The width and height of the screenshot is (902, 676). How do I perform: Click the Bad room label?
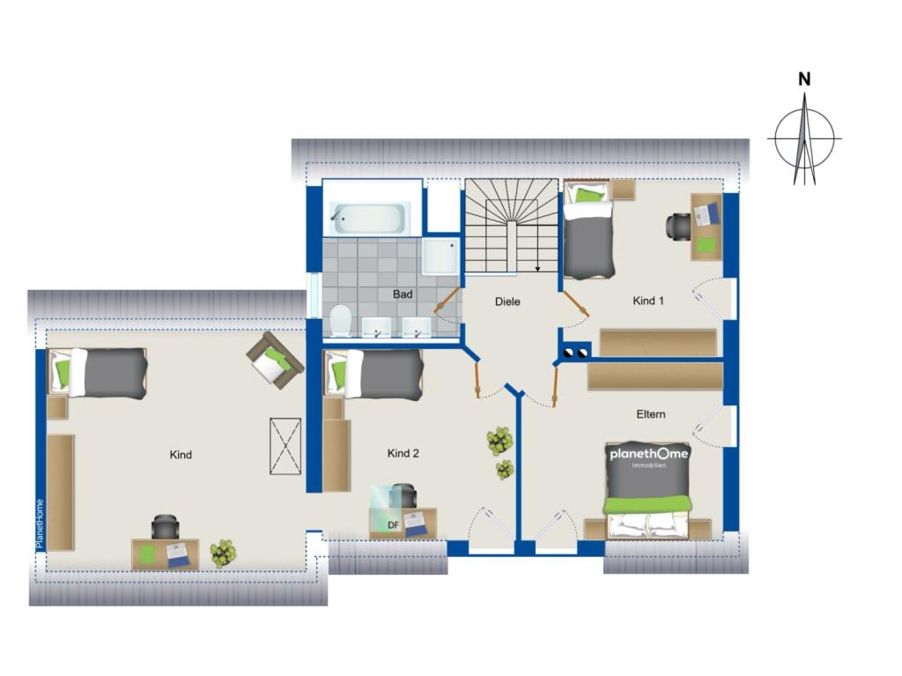coord(403,294)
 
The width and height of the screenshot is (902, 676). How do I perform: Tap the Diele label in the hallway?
coord(507,301)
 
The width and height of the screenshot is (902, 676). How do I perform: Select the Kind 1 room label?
coord(648,301)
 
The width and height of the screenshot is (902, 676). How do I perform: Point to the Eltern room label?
coord(651,414)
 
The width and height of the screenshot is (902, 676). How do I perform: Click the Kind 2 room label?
coord(403,454)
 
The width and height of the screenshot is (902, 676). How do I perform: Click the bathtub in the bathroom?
coord(367,219)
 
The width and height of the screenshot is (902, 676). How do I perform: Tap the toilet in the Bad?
coord(341,320)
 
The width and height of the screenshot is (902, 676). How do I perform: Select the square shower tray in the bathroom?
coord(440,256)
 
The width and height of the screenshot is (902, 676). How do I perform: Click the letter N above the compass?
coord(805,79)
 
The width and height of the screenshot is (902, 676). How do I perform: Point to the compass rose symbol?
coord(804,138)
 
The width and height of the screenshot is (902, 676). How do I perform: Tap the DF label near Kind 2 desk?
coord(394,525)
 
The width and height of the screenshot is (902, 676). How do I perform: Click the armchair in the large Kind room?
coord(275,360)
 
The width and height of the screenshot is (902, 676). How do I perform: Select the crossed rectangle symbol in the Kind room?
coord(285,446)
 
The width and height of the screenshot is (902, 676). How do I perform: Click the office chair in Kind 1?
coord(679,226)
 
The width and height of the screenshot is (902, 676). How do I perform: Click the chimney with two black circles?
coord(574,352)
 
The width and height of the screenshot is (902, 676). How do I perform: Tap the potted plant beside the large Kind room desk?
coord(223,553)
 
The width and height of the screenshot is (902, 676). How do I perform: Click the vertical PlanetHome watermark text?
coord(40,524)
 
